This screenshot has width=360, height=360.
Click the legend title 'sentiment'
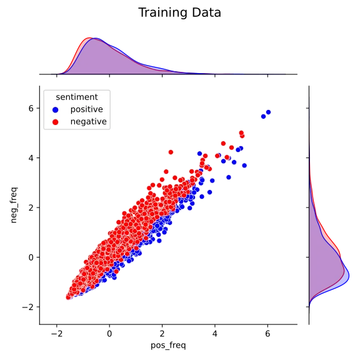click(x=76, y=97)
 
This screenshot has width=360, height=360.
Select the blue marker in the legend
click(x=55, y=109)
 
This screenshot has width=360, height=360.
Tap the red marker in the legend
click(x=55, y=122)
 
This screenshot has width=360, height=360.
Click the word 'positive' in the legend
click(x=86, y=109)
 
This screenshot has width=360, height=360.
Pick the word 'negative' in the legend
click(x=88, y=122)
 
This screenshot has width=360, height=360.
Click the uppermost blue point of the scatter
click(x=268, y=112)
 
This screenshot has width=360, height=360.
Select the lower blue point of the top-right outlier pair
click(x=264, y=116)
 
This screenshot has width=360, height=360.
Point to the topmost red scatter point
click(x=239, y=133)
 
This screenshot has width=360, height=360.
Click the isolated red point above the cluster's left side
click(x=169, y=151)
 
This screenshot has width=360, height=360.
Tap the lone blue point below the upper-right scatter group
click(x=229, y=177)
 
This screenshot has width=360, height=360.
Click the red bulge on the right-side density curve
click(x=340, y=253)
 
